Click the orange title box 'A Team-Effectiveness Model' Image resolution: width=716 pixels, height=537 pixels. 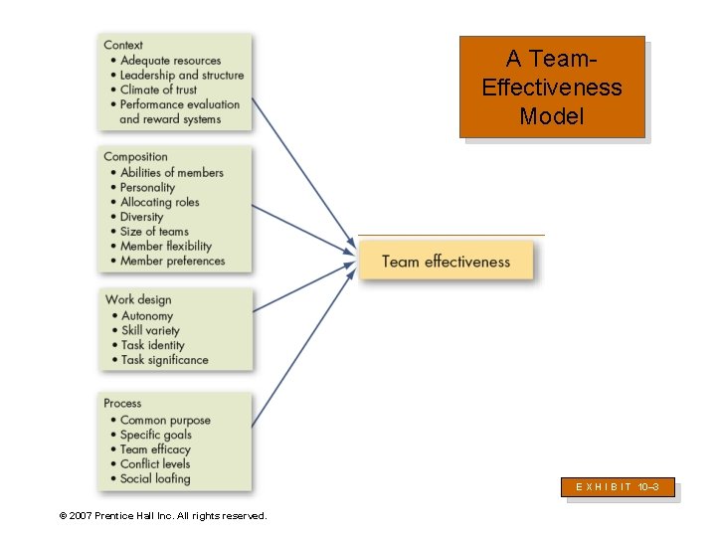tap(551, 87)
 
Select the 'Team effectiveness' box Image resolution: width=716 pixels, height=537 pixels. tap(446, 262)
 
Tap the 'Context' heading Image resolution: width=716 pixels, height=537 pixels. tap(123, 45)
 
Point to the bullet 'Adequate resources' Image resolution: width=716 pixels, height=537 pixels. tap(170, 61)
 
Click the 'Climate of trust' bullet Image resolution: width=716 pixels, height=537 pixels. tap(159, 89)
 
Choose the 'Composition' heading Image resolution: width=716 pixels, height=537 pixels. tap(136, 156)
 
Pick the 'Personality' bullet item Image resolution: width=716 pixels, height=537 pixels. tap(147, 187)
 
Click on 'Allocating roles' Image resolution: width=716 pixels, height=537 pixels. tap(159, 202)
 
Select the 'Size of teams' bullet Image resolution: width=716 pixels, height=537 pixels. tap(154, 232)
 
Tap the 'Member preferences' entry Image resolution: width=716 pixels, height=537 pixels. tap(172, 261)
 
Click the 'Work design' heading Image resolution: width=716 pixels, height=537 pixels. tap(138, 299)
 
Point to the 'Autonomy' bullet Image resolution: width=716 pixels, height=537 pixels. tap(147, 316)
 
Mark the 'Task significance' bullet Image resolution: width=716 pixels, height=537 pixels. tap(164, 360)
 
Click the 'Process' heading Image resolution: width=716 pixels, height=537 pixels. tap(122, 403)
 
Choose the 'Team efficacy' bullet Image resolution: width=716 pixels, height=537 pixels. tap(154, 449)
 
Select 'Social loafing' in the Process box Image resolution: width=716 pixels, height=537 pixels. tap(154, 478)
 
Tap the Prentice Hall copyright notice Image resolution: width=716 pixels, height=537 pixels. tap(163, 515)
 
